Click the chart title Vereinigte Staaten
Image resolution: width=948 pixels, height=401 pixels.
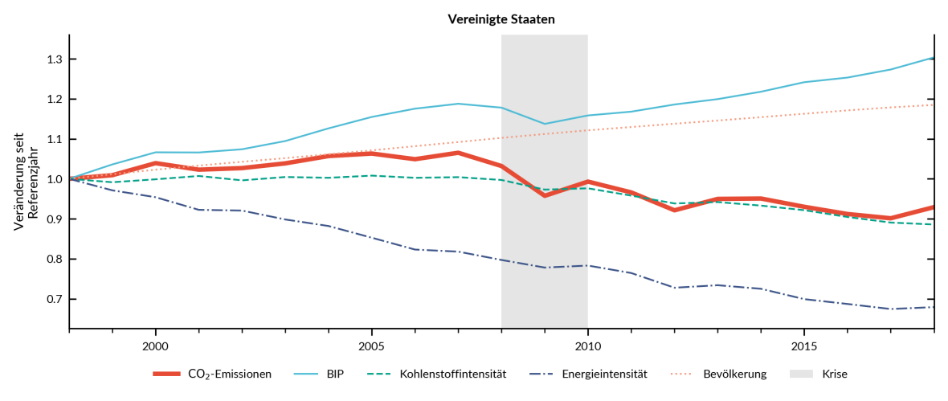point(501,19)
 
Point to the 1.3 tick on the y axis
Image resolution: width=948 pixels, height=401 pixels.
point(55,59)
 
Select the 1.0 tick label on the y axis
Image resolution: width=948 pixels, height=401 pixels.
point(55,179)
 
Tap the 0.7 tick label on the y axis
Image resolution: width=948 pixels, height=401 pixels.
point(55,299)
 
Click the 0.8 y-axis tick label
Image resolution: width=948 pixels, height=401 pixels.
point(55,259)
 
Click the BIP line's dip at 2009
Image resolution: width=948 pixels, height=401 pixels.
point(545,124)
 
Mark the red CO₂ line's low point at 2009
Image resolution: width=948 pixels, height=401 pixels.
point(545,195)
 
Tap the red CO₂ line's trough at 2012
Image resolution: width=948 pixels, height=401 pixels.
point(674,210)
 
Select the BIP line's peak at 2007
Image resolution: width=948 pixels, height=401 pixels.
point(458,104)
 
